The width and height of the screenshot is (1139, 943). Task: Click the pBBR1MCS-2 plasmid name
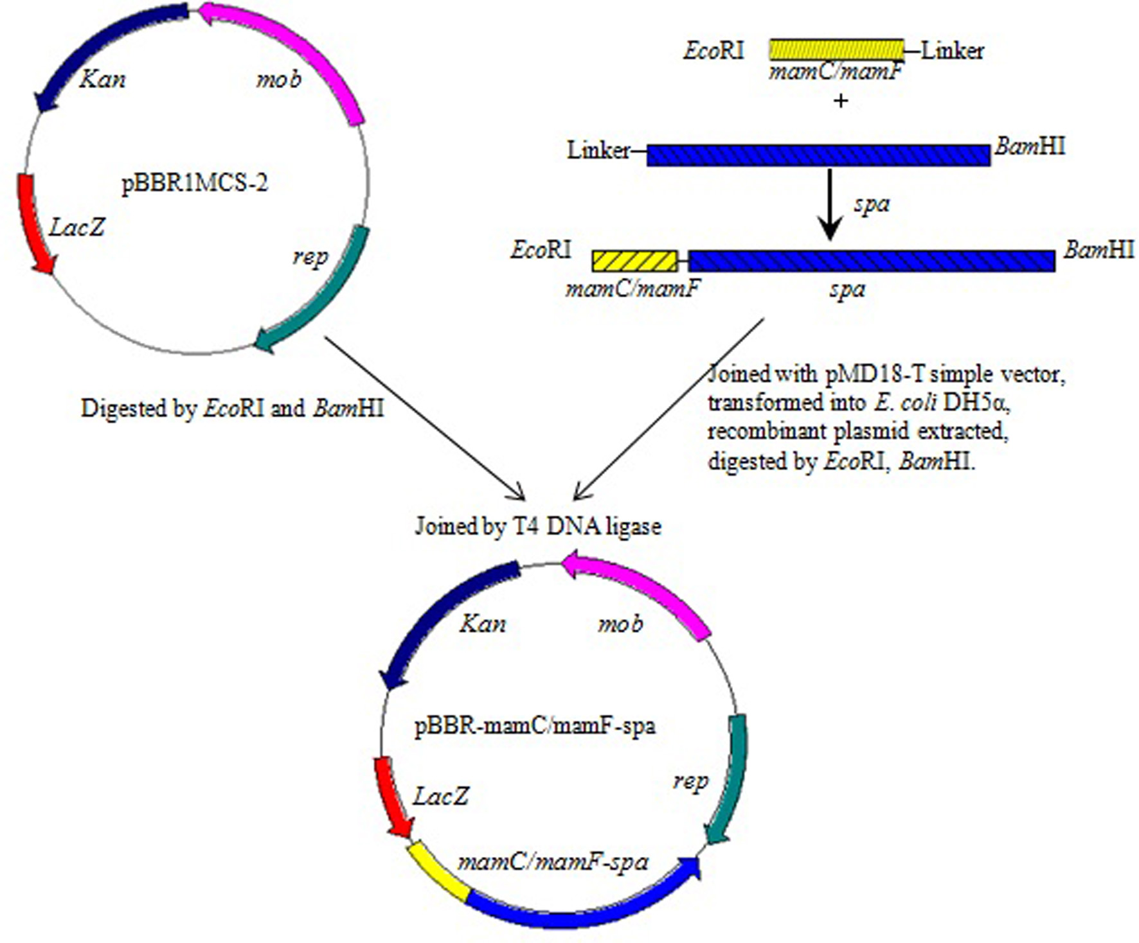(x=194, y=184)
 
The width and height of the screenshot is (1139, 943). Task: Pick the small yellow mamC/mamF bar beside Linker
(x=836, y=49)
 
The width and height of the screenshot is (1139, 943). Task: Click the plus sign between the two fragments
(x=840, y=101)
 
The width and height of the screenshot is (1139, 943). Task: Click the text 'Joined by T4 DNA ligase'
(x=538, y=527)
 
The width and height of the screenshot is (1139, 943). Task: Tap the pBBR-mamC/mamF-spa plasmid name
(x=535, y=727)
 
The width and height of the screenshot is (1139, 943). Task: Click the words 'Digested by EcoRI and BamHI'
(x=232, y=409)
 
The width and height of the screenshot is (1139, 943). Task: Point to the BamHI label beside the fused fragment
(x=1098, y=249)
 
